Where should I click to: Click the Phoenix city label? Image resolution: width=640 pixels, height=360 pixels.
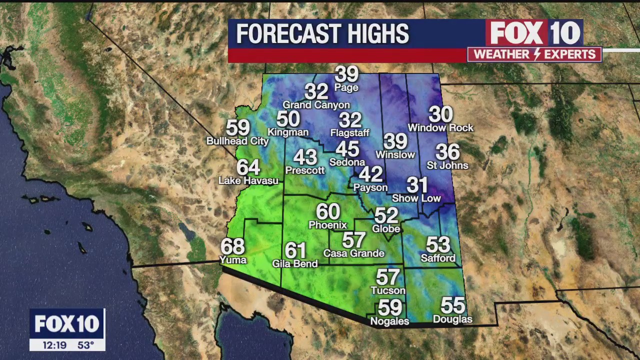327,225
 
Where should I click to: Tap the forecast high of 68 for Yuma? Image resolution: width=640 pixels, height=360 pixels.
232,246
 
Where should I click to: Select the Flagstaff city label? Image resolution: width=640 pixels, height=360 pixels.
350,133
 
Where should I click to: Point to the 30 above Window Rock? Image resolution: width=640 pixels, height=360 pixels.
440,115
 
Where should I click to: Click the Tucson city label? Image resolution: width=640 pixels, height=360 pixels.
388,290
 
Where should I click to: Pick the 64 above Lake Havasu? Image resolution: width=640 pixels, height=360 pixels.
248,167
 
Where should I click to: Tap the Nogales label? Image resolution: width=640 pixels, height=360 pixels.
389,321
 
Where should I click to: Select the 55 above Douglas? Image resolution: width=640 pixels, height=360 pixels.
453,305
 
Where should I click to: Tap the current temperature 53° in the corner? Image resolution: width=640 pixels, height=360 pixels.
85,345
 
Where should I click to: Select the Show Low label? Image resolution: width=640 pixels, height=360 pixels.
416,198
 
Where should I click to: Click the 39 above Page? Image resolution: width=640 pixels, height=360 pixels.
346,74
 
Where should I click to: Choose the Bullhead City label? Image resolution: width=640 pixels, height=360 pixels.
237,141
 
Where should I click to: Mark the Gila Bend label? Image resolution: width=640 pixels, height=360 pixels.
295,263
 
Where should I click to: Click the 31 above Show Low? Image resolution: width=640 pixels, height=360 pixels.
417,185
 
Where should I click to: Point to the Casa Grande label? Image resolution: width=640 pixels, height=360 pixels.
353,253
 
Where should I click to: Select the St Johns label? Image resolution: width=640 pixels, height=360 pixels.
447,165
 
